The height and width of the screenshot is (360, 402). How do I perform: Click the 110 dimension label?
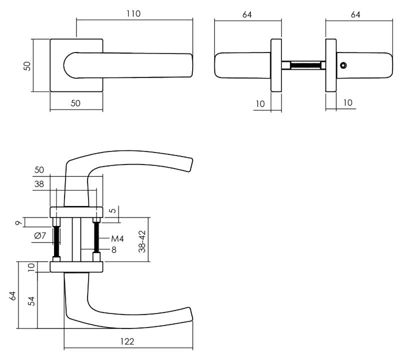coord(134,14)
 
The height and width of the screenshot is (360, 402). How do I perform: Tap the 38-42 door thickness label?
coord(142,241)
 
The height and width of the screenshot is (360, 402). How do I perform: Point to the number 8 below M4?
coord(114,249)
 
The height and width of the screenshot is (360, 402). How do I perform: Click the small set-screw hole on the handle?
coord(343,65)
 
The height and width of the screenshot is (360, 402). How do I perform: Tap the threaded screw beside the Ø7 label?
coord(57,241)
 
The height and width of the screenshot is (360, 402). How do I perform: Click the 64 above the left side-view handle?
coord(247,14)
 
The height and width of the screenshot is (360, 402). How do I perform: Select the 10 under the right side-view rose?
coord(347,103)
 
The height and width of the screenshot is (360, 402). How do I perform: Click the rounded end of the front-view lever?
coord(70,65)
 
